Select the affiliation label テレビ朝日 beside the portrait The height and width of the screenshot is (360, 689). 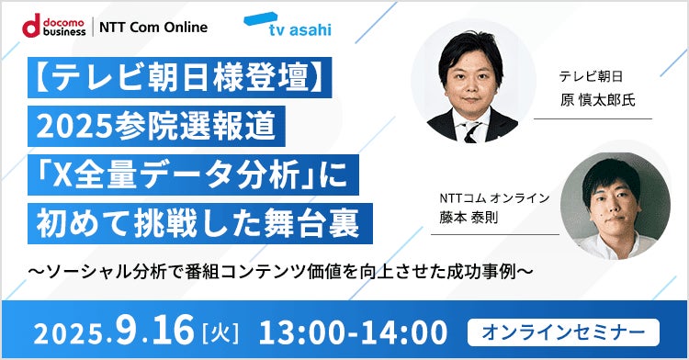tap(585, 78)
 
